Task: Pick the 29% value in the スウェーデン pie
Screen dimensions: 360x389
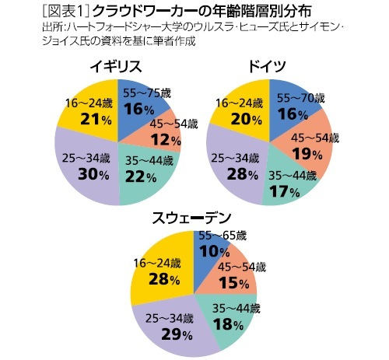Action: pos(173,336)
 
